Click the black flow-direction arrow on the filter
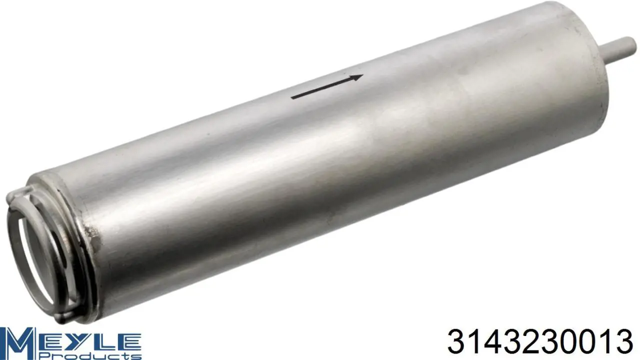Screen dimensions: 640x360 click(327, 86)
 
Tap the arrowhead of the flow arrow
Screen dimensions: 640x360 click(357, 77)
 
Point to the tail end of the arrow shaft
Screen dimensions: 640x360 click(291, 97)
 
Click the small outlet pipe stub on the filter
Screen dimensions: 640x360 click(620, 50)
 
